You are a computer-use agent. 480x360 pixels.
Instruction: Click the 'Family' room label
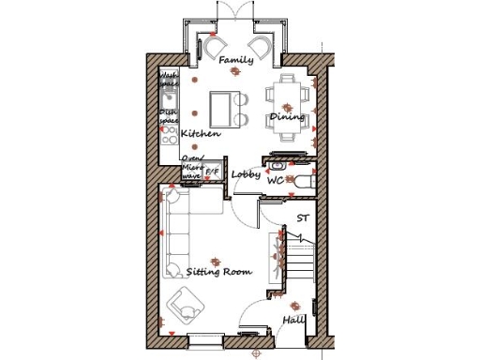point(235,61)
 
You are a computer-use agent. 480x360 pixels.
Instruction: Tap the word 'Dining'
point(287,117)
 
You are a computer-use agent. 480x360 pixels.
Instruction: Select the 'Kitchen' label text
point(201,134)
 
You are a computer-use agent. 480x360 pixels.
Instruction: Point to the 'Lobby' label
point(247,173)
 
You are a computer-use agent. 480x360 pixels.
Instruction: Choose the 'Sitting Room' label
point(219,271)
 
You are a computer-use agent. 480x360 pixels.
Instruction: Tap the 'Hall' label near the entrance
point(293,321)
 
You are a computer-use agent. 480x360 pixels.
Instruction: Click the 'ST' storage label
point(302,218)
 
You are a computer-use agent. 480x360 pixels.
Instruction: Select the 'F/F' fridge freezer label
point(212,172)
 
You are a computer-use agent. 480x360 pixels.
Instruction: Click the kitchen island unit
point(222,108)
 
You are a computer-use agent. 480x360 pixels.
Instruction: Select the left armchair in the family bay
point(216,46)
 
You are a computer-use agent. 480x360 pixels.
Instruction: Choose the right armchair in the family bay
point(262,46)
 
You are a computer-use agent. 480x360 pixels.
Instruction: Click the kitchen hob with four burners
point(170,134)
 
